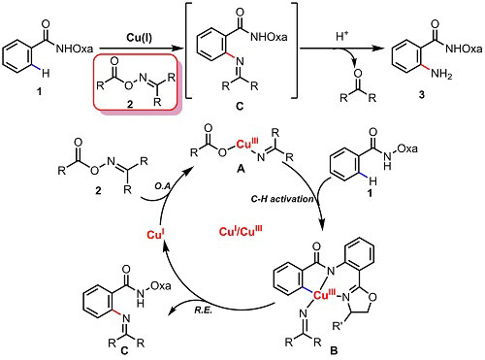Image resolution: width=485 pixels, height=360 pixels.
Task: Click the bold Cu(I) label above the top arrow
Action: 140,38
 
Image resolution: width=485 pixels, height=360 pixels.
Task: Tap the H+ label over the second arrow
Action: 341,37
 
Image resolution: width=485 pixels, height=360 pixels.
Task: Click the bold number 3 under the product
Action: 421,95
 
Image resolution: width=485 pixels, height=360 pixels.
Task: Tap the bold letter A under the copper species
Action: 241,168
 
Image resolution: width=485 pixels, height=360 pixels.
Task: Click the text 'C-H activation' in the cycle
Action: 282,199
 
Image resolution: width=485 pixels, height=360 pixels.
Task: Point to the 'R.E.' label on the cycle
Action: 203,311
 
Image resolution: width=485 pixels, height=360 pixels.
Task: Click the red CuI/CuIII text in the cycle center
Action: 241,232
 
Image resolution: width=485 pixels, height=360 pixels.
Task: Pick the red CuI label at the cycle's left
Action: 156,234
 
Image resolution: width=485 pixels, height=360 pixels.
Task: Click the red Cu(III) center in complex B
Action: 325,295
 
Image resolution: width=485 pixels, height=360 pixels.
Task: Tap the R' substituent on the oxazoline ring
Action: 338,326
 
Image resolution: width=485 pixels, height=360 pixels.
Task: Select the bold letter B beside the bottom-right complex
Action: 334,350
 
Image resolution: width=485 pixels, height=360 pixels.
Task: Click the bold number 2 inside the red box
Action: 130,104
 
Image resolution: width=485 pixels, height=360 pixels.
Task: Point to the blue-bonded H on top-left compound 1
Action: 46,74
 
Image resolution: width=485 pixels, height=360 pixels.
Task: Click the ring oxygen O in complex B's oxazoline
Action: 372,297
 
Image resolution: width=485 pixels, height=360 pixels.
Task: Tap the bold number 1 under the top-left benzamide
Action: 39,92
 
